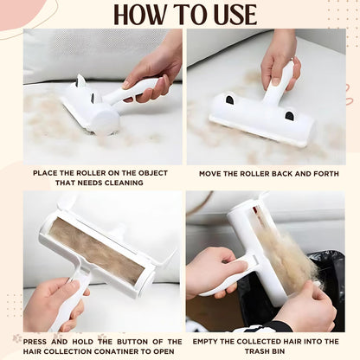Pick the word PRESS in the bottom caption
point(39,342)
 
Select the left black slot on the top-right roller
point(229,100)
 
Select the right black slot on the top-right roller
point(288,115)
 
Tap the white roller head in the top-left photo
point(95,112)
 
